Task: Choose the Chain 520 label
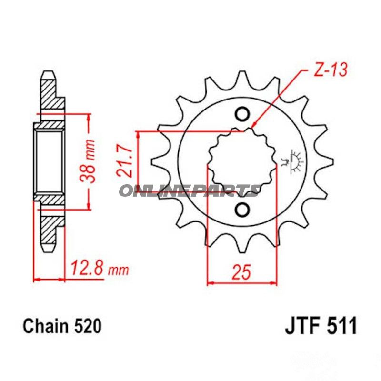[x=61, y=327]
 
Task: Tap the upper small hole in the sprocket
[x=242, y=114]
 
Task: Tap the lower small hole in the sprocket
[x=242, y=210]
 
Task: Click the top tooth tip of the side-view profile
[x=48, y=75]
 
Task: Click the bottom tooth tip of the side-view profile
[x=48, y=249]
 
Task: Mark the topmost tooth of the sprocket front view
[x=242, y=76]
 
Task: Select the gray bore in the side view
[x=49, y=162]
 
